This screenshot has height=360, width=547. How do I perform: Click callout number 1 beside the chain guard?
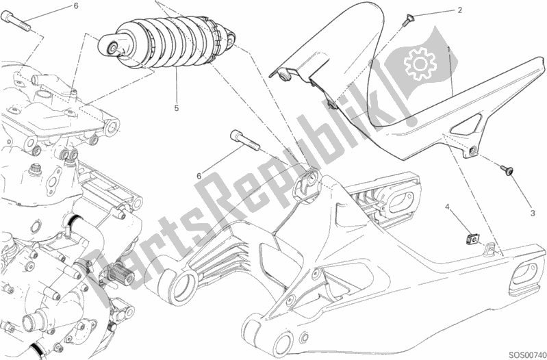pos(449,49)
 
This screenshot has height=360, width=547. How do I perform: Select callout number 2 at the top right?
pos(460,10)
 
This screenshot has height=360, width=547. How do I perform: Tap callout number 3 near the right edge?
pos(533,213)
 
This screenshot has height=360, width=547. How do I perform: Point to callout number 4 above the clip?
pos(447,207)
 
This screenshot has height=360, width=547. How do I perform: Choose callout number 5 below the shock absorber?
pos(176,108)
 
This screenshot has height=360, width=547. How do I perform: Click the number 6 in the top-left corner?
pos(76,5)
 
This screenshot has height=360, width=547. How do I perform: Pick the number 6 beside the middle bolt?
pos(199,176)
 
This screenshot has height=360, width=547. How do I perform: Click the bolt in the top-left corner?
pos(16,21)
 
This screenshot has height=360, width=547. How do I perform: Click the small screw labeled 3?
pos(507,170)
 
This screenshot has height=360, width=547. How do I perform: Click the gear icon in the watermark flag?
pos(420,63)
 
